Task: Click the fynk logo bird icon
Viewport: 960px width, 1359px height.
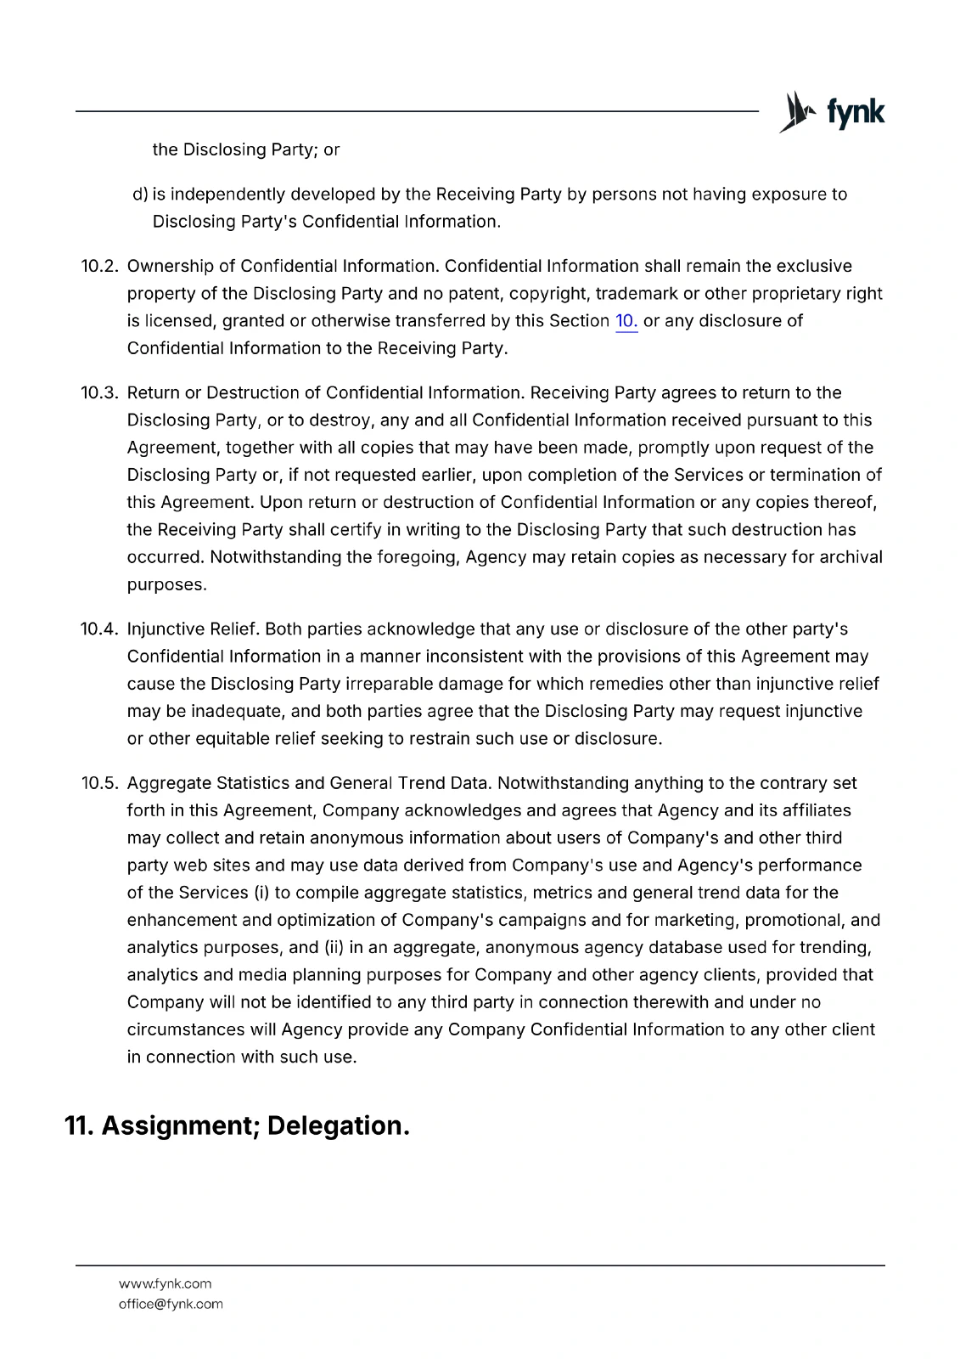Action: (x=795, y=111)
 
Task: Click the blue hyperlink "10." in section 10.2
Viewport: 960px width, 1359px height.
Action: (x=626, y=321)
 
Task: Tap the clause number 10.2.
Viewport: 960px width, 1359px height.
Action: (x=98, y=267)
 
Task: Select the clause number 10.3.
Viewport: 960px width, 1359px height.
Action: (x=98, y=393)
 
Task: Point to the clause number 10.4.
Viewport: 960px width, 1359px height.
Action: (x=98, y=629)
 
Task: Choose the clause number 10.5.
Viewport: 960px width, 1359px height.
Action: (x=98, y=783)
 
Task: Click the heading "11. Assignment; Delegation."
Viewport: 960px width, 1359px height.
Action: (x=237, y=1125)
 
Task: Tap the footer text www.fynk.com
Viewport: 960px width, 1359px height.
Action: (x=165, y=1283)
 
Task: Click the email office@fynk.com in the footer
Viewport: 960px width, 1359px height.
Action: (x=171, y=1304)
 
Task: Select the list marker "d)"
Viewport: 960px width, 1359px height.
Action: (x=140, y=195)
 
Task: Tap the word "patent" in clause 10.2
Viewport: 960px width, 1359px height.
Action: (x=475, y=294)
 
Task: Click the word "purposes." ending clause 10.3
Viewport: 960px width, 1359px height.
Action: (x=166, y=585)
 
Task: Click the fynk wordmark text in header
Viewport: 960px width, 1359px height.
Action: (x=854, y=112)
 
